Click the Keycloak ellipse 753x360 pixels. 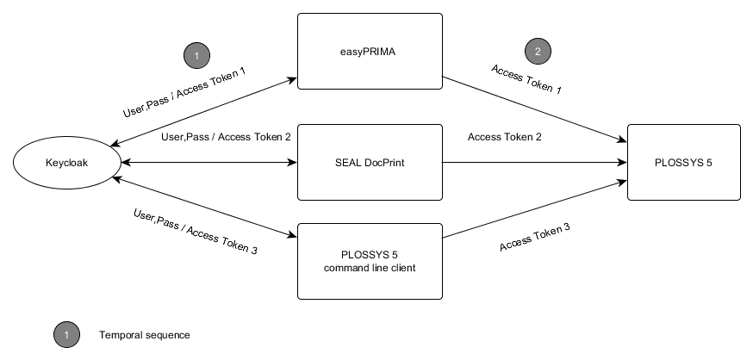pos(66,162)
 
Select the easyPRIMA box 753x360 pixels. pos(369,51)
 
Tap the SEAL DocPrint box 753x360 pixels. pos(369,162)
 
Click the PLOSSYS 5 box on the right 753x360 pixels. pos(684,162)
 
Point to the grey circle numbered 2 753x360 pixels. pos(538,51)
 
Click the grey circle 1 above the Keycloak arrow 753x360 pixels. pos(196,56)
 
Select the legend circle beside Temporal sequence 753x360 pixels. pos(65,334)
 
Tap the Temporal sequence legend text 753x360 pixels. pos(144,334)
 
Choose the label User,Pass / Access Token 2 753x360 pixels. pos(227,137)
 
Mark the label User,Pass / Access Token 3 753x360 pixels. pos(196,231)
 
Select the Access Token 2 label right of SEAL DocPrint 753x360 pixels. pos(505,137)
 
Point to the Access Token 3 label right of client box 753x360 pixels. pos(534,237)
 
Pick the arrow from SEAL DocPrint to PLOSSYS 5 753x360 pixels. pos(534,162)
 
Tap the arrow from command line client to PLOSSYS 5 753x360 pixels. pos(534,208)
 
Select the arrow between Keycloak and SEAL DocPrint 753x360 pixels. pos(207,162)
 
